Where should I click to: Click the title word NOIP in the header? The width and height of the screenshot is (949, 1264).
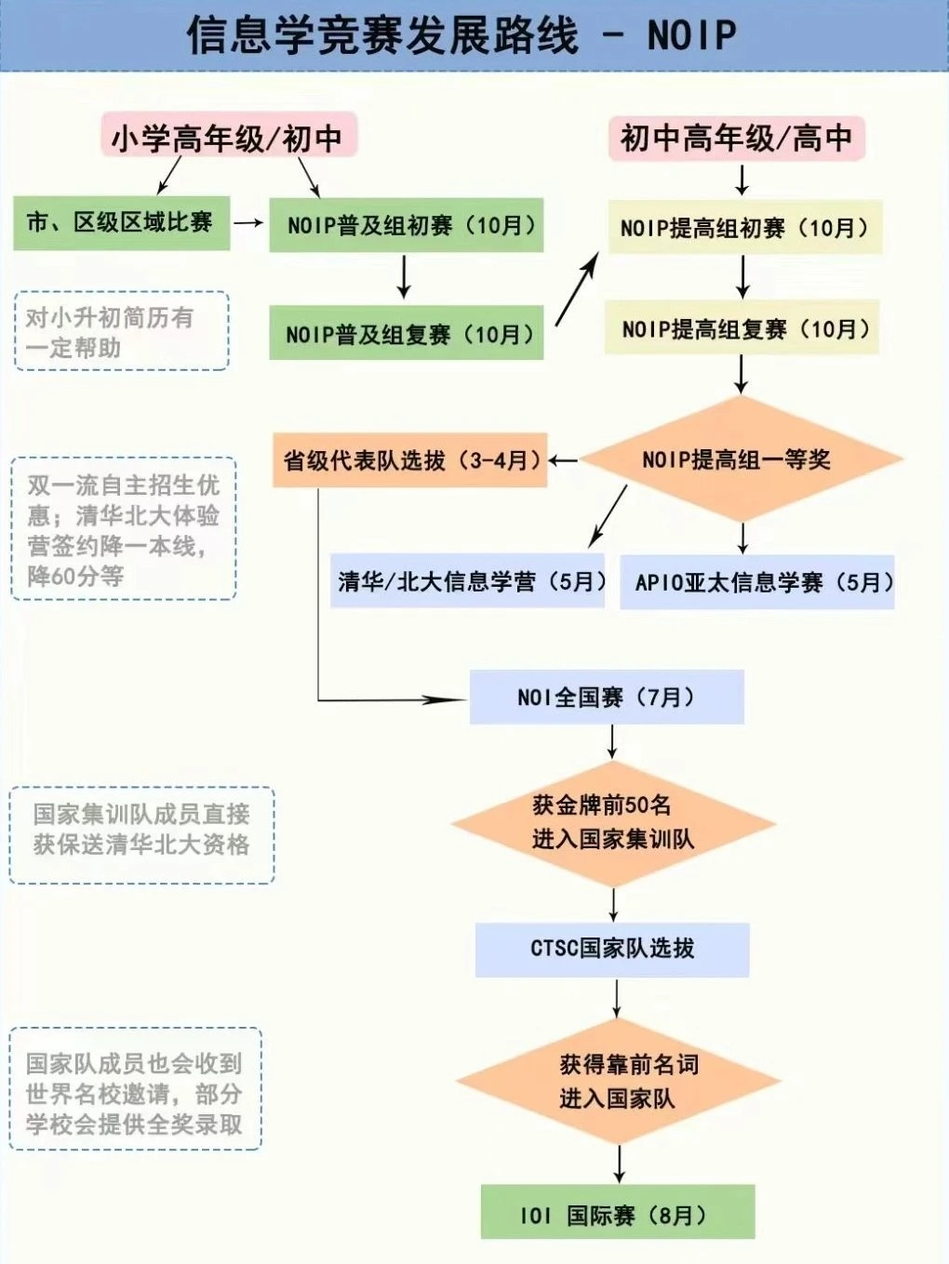691,35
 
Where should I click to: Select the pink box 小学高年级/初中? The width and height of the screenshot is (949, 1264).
228,138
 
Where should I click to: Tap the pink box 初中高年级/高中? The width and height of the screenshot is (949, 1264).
736,138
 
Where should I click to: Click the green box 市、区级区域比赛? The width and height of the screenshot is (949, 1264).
121,222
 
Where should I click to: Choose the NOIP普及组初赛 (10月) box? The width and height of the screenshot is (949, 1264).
407,225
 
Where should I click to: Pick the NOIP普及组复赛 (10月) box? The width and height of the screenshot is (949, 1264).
407,334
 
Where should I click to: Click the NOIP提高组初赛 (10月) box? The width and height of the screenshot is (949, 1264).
744,228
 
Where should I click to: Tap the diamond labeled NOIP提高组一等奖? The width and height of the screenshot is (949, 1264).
741,459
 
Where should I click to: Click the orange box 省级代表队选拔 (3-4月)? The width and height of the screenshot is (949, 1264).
409,459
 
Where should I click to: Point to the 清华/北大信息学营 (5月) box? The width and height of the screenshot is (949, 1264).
468,582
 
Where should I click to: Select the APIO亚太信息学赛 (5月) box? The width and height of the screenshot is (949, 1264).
758,582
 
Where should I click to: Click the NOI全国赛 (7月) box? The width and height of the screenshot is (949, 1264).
607,697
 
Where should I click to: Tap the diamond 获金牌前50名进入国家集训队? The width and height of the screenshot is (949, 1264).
613,822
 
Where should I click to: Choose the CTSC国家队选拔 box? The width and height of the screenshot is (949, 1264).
612,949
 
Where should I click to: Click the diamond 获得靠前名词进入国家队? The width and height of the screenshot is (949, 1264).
618,1081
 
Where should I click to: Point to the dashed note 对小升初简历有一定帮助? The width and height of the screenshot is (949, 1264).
121,331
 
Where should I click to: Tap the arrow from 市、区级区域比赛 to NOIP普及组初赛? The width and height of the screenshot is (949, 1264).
248,223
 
